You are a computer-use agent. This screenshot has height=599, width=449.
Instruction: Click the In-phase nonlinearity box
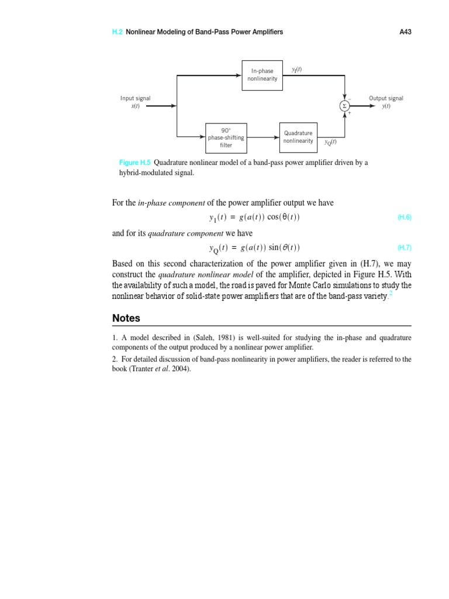[263, 75]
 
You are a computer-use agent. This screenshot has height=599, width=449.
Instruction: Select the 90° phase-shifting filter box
[226, 137]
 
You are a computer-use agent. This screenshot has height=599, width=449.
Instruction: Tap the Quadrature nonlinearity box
[298, 137]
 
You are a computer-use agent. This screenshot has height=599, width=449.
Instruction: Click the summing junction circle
[345, 106]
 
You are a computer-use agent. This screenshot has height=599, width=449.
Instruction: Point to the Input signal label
[135, 98]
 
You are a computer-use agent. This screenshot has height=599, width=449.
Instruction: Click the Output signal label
[386, 98]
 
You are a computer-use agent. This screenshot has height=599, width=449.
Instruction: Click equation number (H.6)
[405, 217]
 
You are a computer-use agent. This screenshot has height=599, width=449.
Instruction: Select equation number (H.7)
[405, 247]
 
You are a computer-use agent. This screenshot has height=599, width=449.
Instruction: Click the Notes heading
[126, 318]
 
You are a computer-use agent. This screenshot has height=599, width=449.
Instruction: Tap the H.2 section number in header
[117, 32]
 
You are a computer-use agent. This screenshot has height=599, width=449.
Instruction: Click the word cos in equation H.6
[274, 217]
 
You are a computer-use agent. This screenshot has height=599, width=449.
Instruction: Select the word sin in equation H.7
[275, 247]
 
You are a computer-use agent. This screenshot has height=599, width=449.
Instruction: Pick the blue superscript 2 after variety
[391, 294]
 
